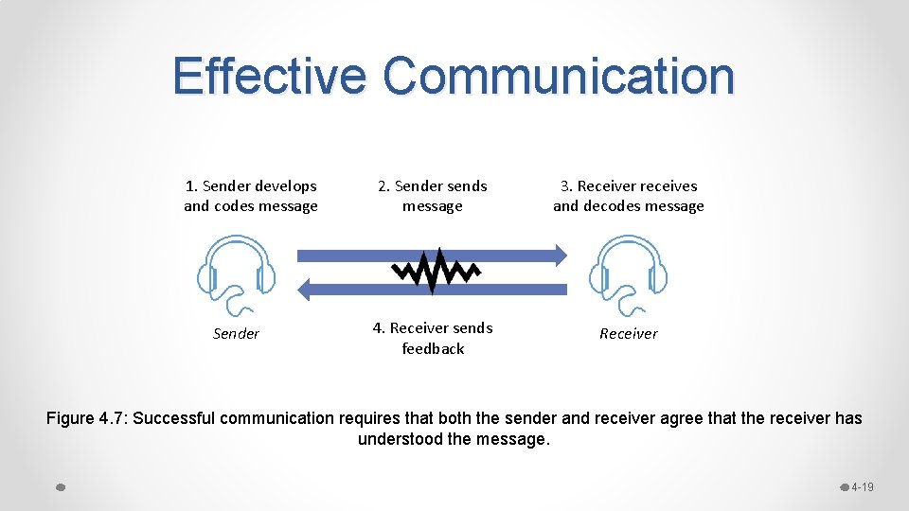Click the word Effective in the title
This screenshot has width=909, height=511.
(268, 76)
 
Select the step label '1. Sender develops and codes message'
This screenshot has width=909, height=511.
(251, 196)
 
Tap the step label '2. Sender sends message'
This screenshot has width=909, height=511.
(433, 196)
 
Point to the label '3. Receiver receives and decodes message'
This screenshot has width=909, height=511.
(628, 196)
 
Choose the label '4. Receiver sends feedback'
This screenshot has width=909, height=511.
(433, 338)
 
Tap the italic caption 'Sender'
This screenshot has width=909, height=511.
(236, 333)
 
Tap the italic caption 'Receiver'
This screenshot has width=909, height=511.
(628, 333)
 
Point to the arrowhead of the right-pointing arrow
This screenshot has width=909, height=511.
(561, 254)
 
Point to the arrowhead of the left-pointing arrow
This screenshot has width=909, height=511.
(305, 289)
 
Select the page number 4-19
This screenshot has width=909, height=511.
(862, 487)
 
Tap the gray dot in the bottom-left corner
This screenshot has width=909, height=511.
(60, 487)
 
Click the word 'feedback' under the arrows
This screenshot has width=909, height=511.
(433, 348)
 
